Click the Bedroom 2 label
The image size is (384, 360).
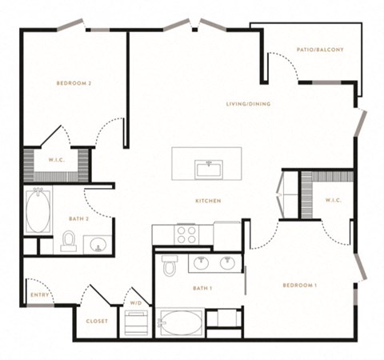[x=74, y=83]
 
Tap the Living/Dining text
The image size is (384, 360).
[x=248, y=104]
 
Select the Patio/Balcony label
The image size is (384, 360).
[x=320, y=50]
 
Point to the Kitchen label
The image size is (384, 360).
[x=208, y=201]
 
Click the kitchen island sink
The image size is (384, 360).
[x=209, y=170]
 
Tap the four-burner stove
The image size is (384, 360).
[x=186, y=234]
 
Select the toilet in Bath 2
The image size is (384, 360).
[x=69, y=241]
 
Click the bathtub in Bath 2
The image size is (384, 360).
[x=38, y=210]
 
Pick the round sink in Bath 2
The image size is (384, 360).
[x=98, y=245]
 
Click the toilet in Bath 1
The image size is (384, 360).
[x=170, y=266]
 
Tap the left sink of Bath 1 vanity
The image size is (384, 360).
[x=202, y=262]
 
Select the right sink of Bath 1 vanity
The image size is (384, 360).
[x=227, y=262]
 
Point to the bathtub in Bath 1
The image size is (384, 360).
[x=180, y=322]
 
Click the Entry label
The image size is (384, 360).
[x=40, y=295]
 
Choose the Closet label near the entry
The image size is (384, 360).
[x=97, y=321]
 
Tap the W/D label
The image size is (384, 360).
[x=136, y=303]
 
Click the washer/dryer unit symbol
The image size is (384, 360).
[x=136, y=322]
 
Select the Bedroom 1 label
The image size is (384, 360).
[x=300, y=286]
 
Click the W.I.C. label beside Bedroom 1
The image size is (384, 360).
[x=334, y=200]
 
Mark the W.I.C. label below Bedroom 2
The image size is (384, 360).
[x=57, y=160]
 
